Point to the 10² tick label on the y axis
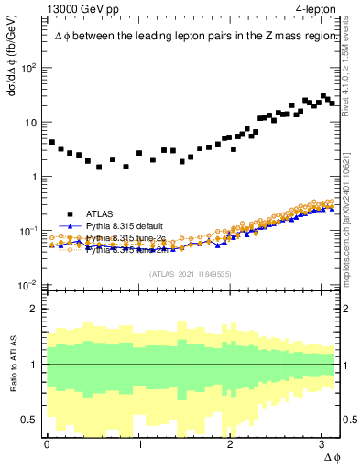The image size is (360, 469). coord(29,68)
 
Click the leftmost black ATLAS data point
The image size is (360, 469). coord(51,142)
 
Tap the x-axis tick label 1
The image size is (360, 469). coord(139,444)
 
